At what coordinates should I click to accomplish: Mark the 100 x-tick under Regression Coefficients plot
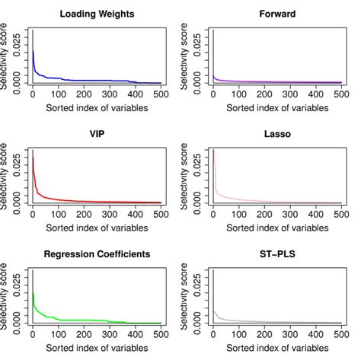(57, 333)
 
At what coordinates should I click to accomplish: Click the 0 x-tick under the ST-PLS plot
(212, 333)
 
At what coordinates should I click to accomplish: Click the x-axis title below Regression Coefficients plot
(95, 346)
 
